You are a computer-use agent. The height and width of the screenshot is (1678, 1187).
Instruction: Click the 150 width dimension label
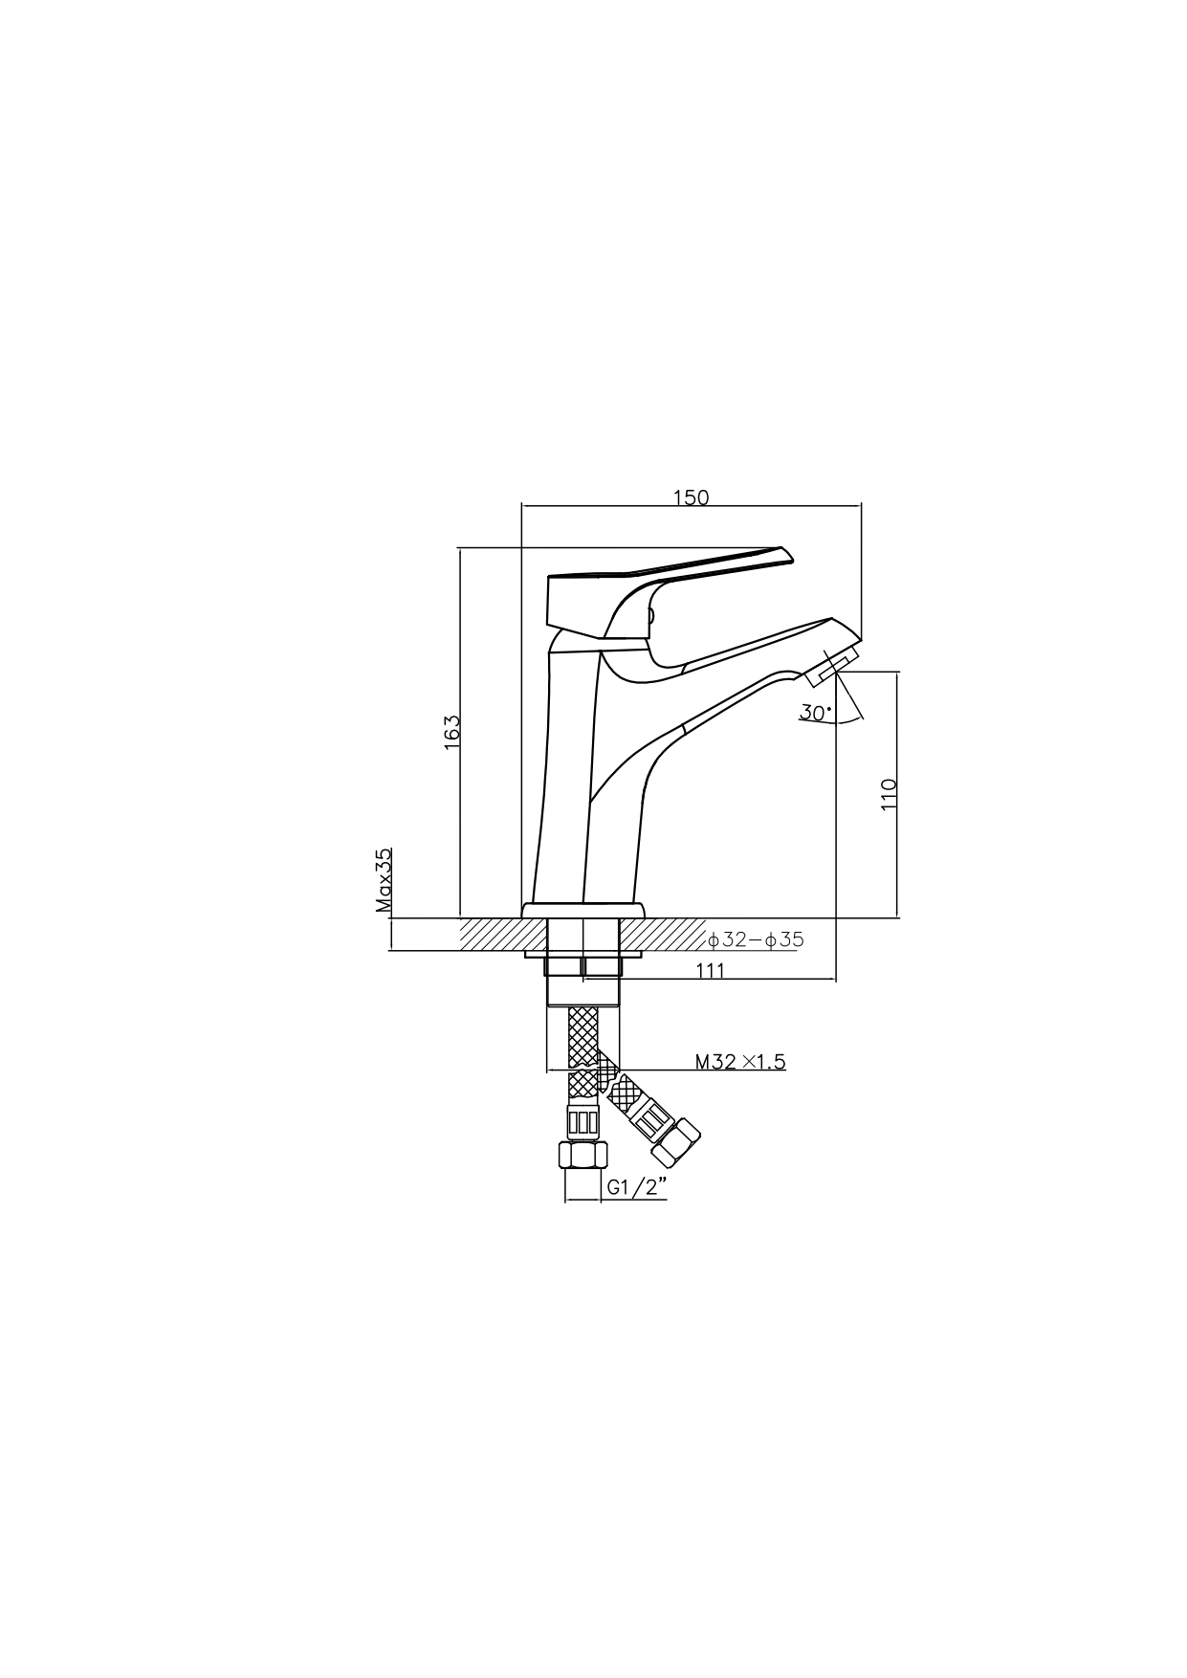point(691,497)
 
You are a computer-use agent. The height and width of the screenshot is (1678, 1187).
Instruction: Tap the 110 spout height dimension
point(889,795)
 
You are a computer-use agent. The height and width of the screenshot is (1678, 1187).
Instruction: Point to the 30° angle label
point(816,713)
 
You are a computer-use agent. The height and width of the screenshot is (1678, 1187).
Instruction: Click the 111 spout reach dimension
point(710,970)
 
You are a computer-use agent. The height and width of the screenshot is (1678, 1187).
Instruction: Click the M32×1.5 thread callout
point(740,1061)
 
